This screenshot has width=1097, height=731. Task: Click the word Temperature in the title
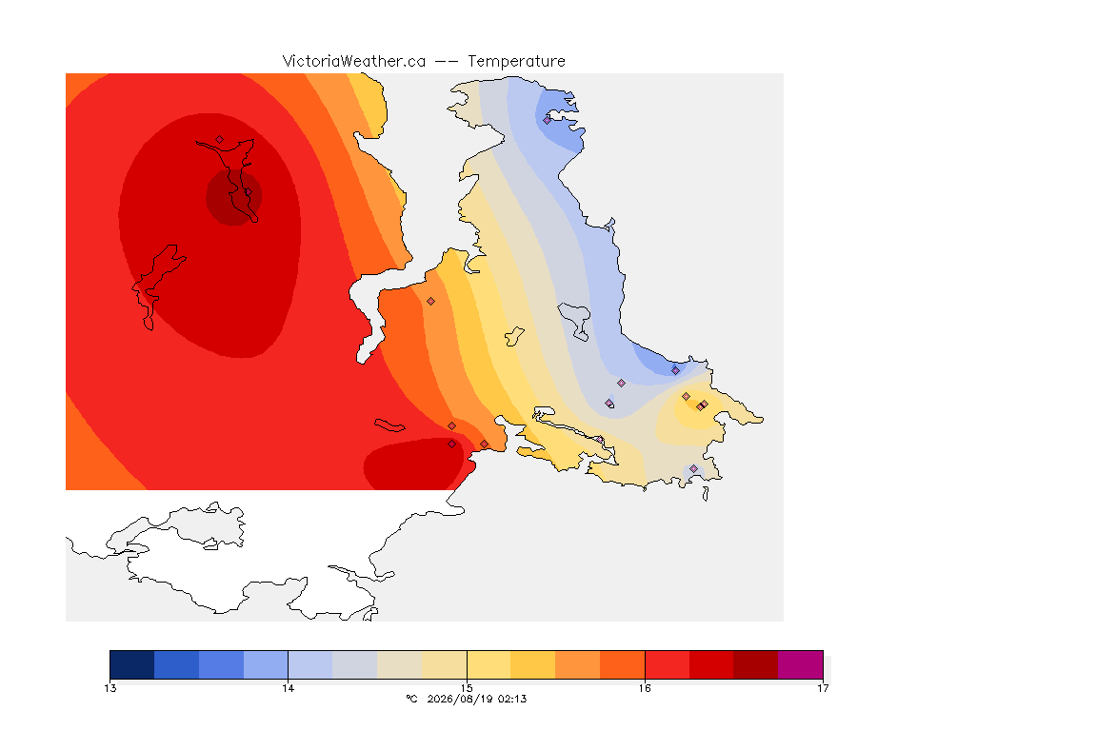[x=516, y=62]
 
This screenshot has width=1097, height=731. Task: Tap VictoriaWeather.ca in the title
[x=354, y=62]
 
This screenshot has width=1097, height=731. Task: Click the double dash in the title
[x=447, y=62]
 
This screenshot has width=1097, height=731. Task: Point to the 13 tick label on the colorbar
[x=110, y=688]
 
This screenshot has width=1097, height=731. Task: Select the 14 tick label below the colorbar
[x=289, y=688]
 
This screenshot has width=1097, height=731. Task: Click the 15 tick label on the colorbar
[x=467, y=688]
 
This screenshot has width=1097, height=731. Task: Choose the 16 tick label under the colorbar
[x=645, y=688]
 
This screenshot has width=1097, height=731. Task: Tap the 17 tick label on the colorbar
[x=823, y=688]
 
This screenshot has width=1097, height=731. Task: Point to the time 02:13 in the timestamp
[x=512, y=699]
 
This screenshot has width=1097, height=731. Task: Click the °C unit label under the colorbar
[x=412, y=699]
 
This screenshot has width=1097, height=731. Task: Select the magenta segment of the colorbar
[x=800, y=664]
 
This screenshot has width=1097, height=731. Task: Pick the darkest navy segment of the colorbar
[x=132, y=664]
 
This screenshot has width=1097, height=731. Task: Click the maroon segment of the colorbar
[x=755, y=664]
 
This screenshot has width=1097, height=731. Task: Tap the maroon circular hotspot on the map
[x=233, y=197]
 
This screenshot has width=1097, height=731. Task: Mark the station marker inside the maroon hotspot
[x=248, y=192]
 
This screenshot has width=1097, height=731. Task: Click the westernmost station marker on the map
[x=220, y=140]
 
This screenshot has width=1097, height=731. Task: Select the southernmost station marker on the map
[x=693, y=468]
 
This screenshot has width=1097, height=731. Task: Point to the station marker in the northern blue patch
[x=548, y=120]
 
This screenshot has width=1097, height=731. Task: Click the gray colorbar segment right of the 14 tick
[x=354, y=664]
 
